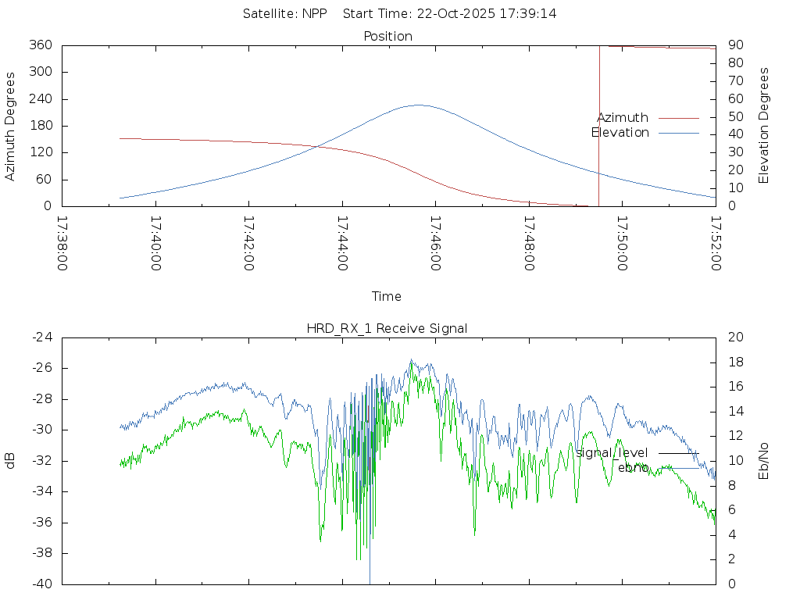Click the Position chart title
click(x=387, y=36)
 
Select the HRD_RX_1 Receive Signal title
click(x=387, y=328)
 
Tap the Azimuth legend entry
click(x=623, y=118)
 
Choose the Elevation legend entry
click(x=620, y=133)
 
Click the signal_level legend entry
click(x=612, y=453)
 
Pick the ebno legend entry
click(x=633, y=467)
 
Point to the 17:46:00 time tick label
click(x=434, y=244)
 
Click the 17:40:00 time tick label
click(x=155, y=244)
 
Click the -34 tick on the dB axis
click(x=40, y=491)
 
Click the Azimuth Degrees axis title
click(x=10, y=126)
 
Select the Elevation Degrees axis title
click(x=764, y=125)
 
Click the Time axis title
click(x=387, y=296)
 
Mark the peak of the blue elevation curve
click(x=418, y=105)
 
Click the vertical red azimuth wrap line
click(x=599, y=125)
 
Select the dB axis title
click(x=10, y=460)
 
